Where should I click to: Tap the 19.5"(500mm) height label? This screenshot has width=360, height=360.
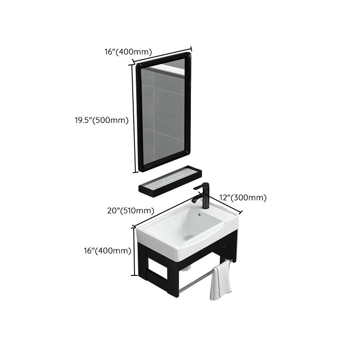[x=102, y=121]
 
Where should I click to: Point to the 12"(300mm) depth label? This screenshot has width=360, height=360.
[x=243, y=198]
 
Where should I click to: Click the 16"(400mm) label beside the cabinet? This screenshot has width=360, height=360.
[x=107, y=251]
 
